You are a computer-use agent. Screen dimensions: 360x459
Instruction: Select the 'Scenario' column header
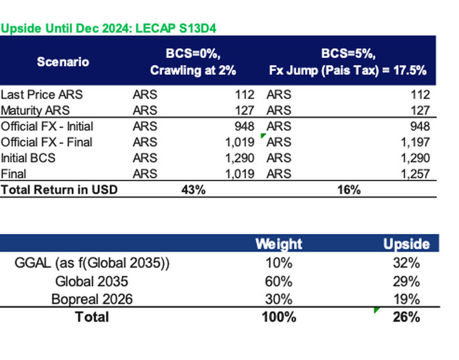pos(63,62)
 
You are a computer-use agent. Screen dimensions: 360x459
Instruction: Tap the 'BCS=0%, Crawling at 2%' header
pos(193,62)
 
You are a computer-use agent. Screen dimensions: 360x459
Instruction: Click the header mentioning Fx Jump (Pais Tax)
pos(348,62)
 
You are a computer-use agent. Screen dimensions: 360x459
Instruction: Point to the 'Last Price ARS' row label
pos(41,95)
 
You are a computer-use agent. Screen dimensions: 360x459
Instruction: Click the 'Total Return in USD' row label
pos(60,189)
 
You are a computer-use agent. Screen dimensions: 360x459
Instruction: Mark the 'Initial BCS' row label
pos(28,158)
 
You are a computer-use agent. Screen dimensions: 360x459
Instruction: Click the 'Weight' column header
pos(279,244)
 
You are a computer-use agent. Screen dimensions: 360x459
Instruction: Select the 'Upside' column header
pos(406,244)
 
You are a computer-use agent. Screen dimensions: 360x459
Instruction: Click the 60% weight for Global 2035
pos(279,281)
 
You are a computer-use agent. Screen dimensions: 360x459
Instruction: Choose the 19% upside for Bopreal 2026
pos(406,299)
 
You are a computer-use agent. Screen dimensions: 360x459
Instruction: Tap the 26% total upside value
pos(406,317)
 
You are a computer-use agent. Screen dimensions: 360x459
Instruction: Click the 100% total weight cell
pos(279,317)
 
